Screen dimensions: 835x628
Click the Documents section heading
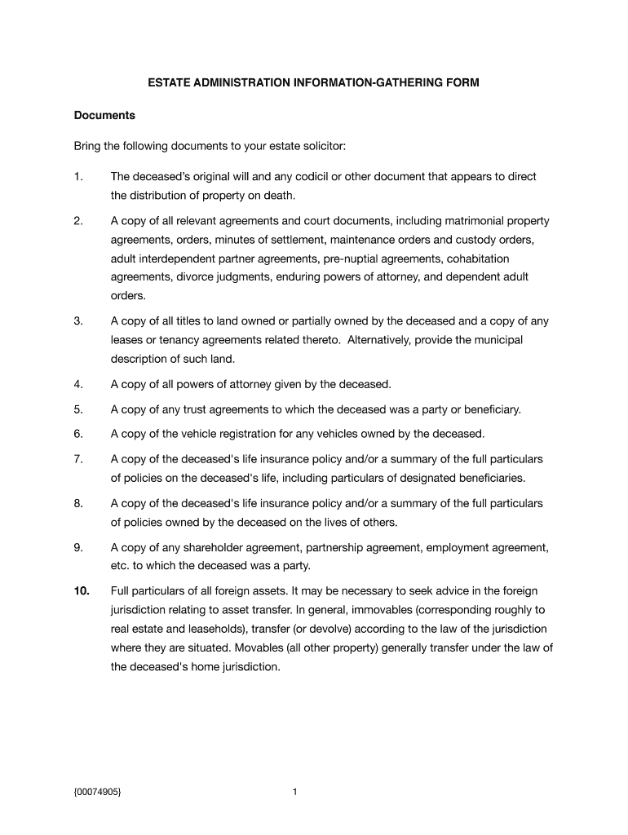coord(104,115)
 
